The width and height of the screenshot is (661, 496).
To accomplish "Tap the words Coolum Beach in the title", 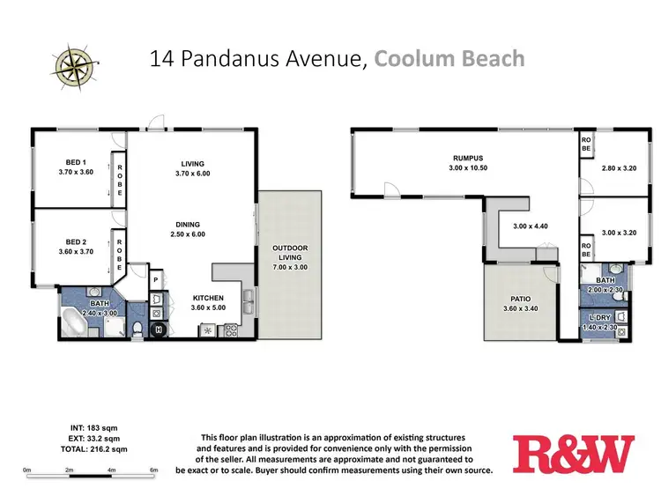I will pyautogui.click(x=449, y=60).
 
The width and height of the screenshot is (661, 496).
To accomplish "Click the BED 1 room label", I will pyautogui.click(x=76, y=161).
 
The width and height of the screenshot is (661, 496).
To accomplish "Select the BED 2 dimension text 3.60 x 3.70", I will pyautogui.click(x=76, y=251).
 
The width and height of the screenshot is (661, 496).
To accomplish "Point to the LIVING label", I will pyautogui.click(x=192, y=163).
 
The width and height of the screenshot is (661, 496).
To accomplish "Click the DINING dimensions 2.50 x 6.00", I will pyautogui.click(x=186, y=234).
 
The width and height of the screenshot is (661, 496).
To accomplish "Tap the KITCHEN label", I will pyautogui.click(x=209, y=298).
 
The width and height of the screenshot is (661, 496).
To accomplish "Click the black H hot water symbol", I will pyautogui.click(x=160, y=330).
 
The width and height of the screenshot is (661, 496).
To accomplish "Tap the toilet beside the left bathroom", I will pyautogui.click(x=137, y=329).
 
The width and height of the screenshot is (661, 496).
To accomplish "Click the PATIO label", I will pyautogui.click(x=520, y=299).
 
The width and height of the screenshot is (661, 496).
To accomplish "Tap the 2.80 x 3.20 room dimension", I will pyautogui.click(x=618, y=167).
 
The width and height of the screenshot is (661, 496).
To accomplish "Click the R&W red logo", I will pyautogui.click(x=573, y=454).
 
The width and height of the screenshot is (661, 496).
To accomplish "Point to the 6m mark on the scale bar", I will pyautogui.click(x=154, y=470).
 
